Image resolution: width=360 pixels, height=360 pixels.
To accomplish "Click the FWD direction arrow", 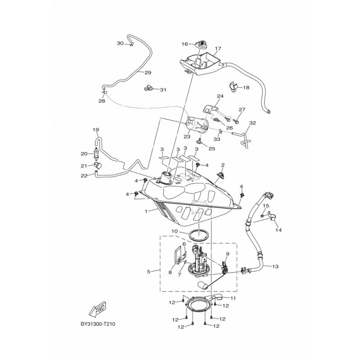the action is [97, 309].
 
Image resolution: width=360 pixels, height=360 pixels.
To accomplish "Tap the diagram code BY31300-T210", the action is [98, 324].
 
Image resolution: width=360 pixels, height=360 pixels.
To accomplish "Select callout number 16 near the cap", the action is [184, 44].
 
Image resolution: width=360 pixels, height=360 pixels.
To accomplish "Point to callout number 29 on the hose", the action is [148, 72].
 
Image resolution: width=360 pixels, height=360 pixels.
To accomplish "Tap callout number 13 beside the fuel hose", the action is [275, 266].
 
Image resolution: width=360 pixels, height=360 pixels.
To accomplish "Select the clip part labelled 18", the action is [234, 87].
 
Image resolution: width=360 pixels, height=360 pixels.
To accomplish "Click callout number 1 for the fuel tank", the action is [146, 211].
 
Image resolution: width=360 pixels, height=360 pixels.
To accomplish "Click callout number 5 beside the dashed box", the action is [149, 272].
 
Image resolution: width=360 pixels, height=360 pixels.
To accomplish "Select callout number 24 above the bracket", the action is [220, 96].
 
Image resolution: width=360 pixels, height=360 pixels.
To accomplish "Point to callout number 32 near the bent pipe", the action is [252, 123].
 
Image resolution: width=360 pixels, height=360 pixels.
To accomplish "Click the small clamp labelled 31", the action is [148, 88].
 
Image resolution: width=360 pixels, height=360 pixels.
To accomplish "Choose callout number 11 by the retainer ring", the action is [233, 298].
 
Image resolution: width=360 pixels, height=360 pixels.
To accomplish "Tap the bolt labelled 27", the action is [236, 120].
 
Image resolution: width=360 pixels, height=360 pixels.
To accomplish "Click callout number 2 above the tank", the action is [223, 165].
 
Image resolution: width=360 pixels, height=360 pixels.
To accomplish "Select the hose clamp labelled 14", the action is [273, 216].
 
